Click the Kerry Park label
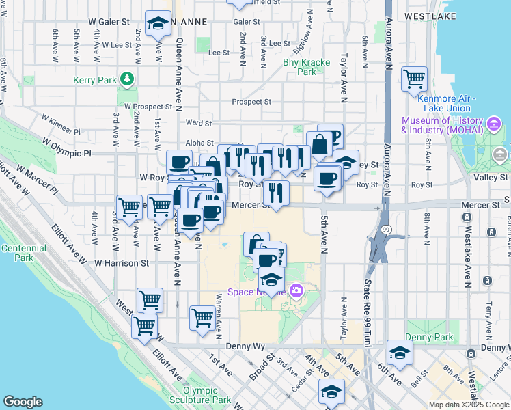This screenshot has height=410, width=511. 94,80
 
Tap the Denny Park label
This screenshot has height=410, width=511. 428,337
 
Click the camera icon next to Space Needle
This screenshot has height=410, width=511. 296,291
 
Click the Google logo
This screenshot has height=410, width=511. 23,402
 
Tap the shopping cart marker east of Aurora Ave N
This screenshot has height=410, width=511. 414,79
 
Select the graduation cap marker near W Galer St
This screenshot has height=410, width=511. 158,24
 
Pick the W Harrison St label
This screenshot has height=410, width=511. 122,262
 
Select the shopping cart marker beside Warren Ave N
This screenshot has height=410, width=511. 202,318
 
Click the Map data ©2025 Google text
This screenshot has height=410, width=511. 468,405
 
